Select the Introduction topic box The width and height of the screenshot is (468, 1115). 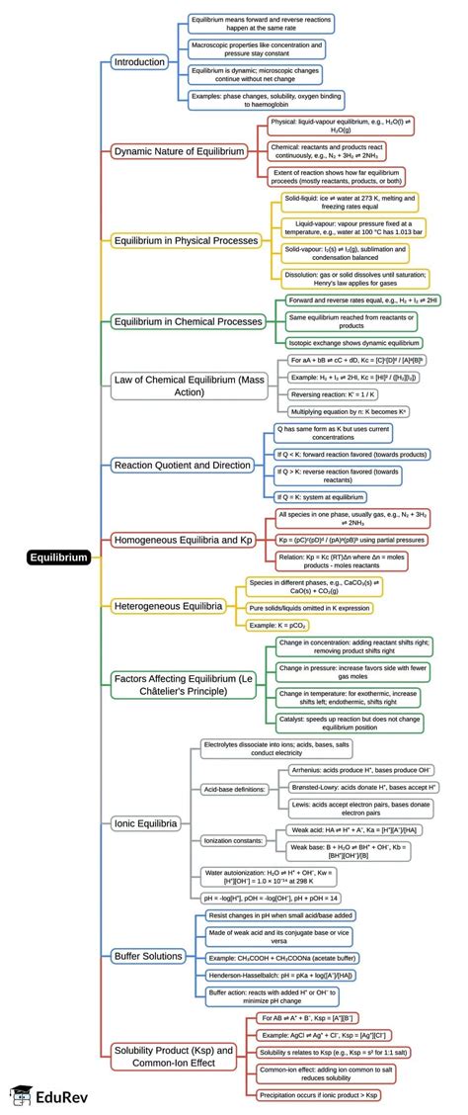click(x=139, y=62)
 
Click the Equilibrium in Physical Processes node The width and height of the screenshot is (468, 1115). click(x=186, y=240)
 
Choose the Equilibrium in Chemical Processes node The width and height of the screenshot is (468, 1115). click(x=188, y=321)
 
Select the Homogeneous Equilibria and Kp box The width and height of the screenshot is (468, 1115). click(x=183, y=540)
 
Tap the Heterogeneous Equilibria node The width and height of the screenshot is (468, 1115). click(x=168, y=605)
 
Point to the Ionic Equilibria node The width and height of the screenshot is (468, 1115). click(x=145, y=822)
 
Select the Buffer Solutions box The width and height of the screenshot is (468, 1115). click(x=148, y=956)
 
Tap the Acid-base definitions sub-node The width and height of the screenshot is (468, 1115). click(x=233, y=762)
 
